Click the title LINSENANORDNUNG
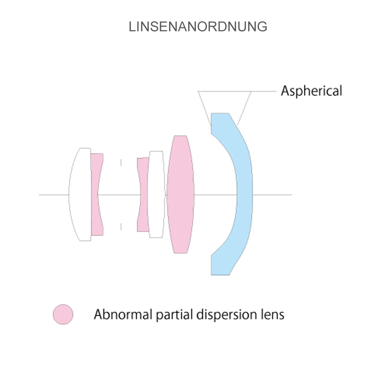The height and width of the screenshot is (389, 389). coord(198,27)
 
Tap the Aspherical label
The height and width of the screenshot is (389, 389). coord(311,91)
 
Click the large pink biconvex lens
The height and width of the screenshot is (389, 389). coord(180,194)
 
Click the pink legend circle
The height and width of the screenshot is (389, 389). coord(63,314)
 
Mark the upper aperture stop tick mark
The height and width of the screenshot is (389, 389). coord(121,162)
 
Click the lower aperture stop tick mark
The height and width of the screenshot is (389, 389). coord(121,226)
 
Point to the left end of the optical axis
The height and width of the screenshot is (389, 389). coord(40,195)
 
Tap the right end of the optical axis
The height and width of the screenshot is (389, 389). coord(291,195)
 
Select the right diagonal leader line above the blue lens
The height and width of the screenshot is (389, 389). coord(244,107)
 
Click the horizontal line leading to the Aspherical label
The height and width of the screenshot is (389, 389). coord(264,91)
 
